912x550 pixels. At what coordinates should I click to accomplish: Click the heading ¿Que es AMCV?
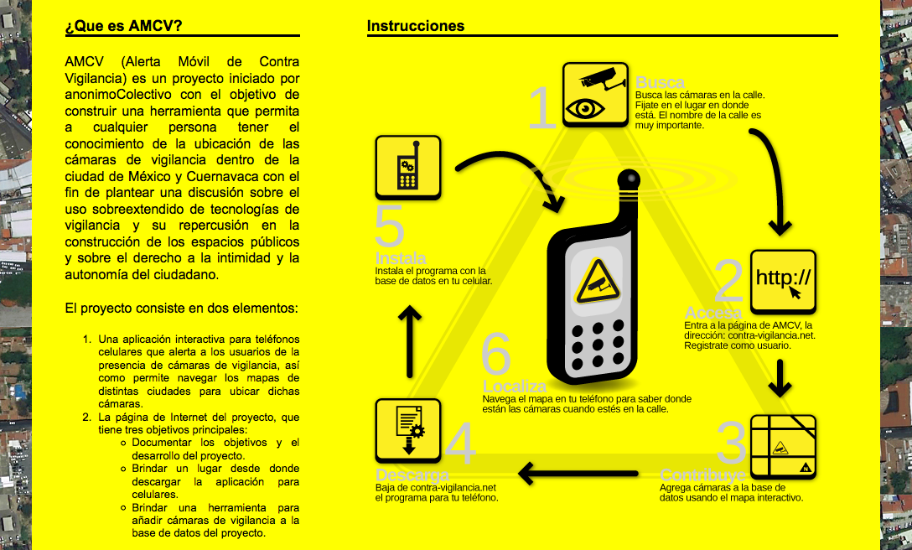click(123, 26)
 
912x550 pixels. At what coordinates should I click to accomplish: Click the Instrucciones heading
click(416, 26)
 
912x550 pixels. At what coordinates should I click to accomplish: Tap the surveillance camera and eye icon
click(595, 94)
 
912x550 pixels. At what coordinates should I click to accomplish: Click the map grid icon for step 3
click(783, 446)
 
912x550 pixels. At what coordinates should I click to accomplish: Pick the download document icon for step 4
click(407, 430)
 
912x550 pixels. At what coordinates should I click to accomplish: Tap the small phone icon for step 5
click(407, 168)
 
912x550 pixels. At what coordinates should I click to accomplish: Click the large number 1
click(542, 109)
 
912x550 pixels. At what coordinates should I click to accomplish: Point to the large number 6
click(495, 356)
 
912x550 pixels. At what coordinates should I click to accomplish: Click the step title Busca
click(660, 82)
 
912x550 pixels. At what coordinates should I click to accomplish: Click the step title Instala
click(402, 258)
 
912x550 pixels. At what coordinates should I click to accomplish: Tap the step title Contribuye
click(702, 476)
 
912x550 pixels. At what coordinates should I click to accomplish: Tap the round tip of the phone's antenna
click(628, 179)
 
